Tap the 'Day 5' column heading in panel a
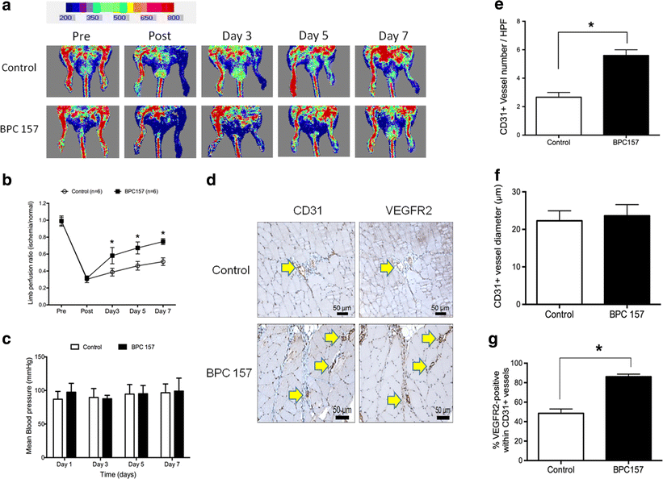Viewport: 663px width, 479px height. coord(313,36)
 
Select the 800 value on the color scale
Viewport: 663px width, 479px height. coord(174,18)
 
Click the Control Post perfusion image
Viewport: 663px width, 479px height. coord(160,72)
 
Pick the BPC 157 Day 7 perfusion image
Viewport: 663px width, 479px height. coord(390,131)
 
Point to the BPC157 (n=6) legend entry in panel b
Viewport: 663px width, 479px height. coord(136,191)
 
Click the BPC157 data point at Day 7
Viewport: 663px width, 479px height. coord(163,242)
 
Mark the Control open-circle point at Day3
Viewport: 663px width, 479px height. coord(112,273)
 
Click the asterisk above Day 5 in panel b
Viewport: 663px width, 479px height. coord(137,236)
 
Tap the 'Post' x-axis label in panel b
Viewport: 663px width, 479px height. coord(86,311)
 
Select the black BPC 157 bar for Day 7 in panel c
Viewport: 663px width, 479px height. coord(178,424)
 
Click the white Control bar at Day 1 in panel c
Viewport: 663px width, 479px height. coord(58,428)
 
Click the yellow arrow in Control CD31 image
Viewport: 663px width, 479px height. coord(288,268)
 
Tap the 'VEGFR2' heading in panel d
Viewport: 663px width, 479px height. coord(409,210)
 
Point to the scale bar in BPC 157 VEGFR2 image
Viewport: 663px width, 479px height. coord(443,418)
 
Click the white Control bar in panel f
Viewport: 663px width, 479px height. coord(559,262)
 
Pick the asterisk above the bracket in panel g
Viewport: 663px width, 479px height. coord(598,349)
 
